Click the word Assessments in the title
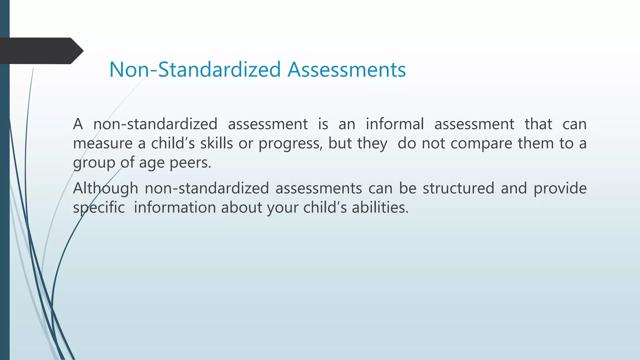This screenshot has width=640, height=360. point(347,69)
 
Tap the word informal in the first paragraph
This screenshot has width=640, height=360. point(395,124)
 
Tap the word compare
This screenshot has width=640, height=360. point(482,143)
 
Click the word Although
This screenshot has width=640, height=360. point(106,188)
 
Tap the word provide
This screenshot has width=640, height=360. point(560,188)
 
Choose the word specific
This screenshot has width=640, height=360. point(99,208)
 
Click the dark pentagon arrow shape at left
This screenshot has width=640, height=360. point(41,51)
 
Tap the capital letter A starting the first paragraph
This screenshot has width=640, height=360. point(78,124)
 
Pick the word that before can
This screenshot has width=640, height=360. point(538,124)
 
